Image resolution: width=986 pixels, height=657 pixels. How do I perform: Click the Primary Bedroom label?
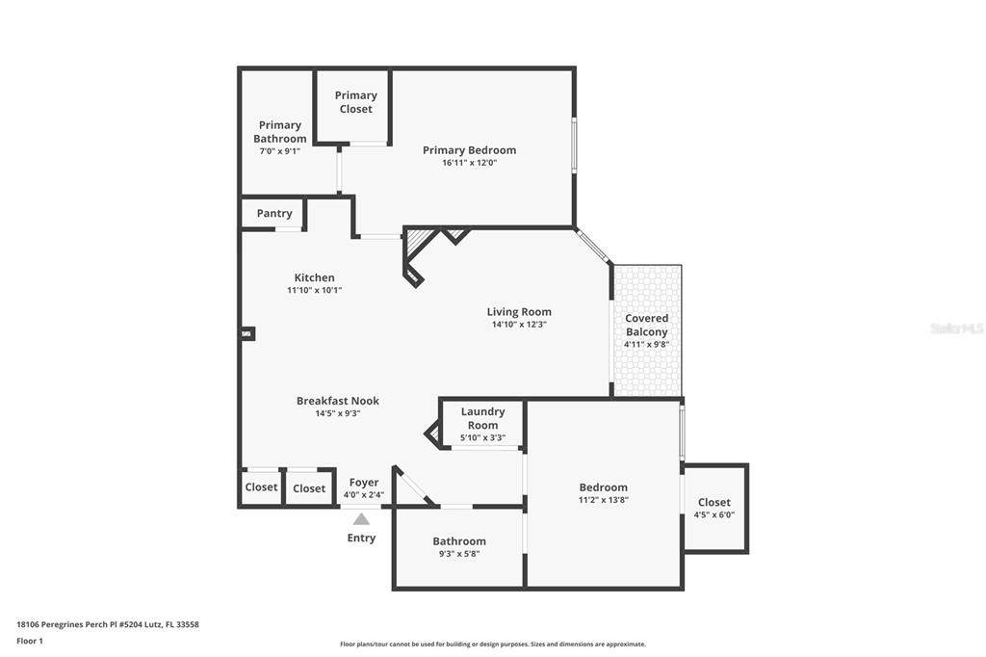pyautogui.click(x=469, y=149)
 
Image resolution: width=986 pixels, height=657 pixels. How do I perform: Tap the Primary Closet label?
pyautogui.click(x=356, y=102)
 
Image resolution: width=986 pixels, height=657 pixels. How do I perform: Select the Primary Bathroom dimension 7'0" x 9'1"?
pyautogui.click(x=280, y=151)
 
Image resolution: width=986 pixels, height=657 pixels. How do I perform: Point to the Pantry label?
pyautogui.click(x=274, y=213)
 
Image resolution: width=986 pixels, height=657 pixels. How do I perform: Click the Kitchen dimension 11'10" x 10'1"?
pyautogui.click(x=315, y=290)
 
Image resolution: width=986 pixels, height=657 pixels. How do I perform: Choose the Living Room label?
pyautogui.click(x=519, y=311)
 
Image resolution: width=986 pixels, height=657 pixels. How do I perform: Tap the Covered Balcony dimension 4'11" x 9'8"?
pyautogui.click(x=646, y=344)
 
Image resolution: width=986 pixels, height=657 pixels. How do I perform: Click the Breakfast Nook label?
pyautogui.click(x=338, y=401)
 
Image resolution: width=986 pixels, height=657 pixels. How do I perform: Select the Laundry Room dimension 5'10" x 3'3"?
pyautogui.click(x=483, y=438)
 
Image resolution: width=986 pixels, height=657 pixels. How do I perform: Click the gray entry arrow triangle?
pyautogui.click(x=361, y=519)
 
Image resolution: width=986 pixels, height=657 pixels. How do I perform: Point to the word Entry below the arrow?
pyautogui.click(x=362, y=539)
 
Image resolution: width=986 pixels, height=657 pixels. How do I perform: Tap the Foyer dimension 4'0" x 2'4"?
pyautogui.click(x=363, y=495)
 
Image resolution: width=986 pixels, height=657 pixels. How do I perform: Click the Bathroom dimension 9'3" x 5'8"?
pyautogui.click(x=459, y=554)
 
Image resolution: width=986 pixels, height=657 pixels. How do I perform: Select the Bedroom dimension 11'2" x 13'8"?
pyautogui.click(x=604, y=500)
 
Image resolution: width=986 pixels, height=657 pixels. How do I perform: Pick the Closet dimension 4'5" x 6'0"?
pyautogui.click(x=714, y=514)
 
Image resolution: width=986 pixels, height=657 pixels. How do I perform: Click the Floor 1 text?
pyautogui.click(x=30, y=642)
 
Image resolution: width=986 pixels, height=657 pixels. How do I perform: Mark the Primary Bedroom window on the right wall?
pyautogui.click(x=574, y=145)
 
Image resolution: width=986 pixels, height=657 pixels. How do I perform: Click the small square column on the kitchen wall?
pyautogui.click(x=248, y=333)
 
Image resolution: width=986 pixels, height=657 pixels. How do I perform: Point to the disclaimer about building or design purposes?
pyautogui.click(x=493, y=644)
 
